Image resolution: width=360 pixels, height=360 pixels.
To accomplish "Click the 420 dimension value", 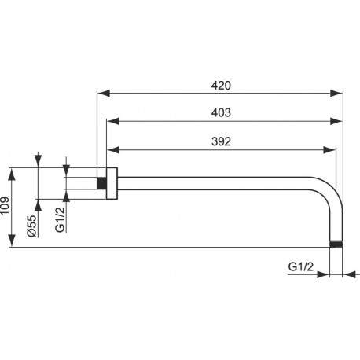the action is [x=221, y=86].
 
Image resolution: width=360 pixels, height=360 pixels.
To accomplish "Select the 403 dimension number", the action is [x=221, y=112].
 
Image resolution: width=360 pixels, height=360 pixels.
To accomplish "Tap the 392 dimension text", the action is [x=221, y=141].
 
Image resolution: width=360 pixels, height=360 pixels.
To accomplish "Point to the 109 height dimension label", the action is [x=6, y=205].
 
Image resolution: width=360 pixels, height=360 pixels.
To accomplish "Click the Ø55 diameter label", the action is [x=32, y=226].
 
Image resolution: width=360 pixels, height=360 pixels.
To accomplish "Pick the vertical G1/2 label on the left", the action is [x=60, y=219].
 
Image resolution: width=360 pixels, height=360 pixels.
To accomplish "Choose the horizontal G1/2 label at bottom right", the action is [x=300, y=266].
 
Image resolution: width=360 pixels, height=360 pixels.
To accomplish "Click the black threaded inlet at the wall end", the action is [x=101, y=183].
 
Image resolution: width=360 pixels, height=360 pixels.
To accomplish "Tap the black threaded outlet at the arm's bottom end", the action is [x=336, y=244].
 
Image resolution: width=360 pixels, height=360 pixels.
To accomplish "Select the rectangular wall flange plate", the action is [x=112, y=183].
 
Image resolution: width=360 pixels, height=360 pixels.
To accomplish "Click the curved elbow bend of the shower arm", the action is [x=331, y=190].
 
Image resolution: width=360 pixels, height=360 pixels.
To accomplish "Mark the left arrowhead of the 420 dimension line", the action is [x=103, y=93].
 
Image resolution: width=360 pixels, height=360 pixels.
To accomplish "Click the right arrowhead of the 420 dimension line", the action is [x=336, y=93].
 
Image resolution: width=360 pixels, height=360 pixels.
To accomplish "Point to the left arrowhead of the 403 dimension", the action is [x=112, y=121].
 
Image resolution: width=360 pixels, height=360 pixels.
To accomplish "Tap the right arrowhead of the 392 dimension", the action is [x=329, y=150].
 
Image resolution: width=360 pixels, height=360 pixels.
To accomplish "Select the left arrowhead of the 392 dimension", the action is [x=112, y=150].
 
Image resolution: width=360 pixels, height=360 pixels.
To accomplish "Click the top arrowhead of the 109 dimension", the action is [x=12, y=174].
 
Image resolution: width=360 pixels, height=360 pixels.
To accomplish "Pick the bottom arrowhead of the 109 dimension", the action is [x=12, y=241].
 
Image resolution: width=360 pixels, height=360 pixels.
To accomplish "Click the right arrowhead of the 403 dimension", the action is [x=336, y=121].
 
